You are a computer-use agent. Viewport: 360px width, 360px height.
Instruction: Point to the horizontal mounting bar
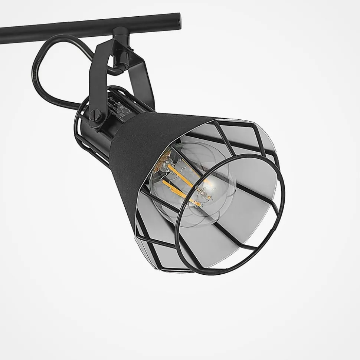click(x=74, y=26)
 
